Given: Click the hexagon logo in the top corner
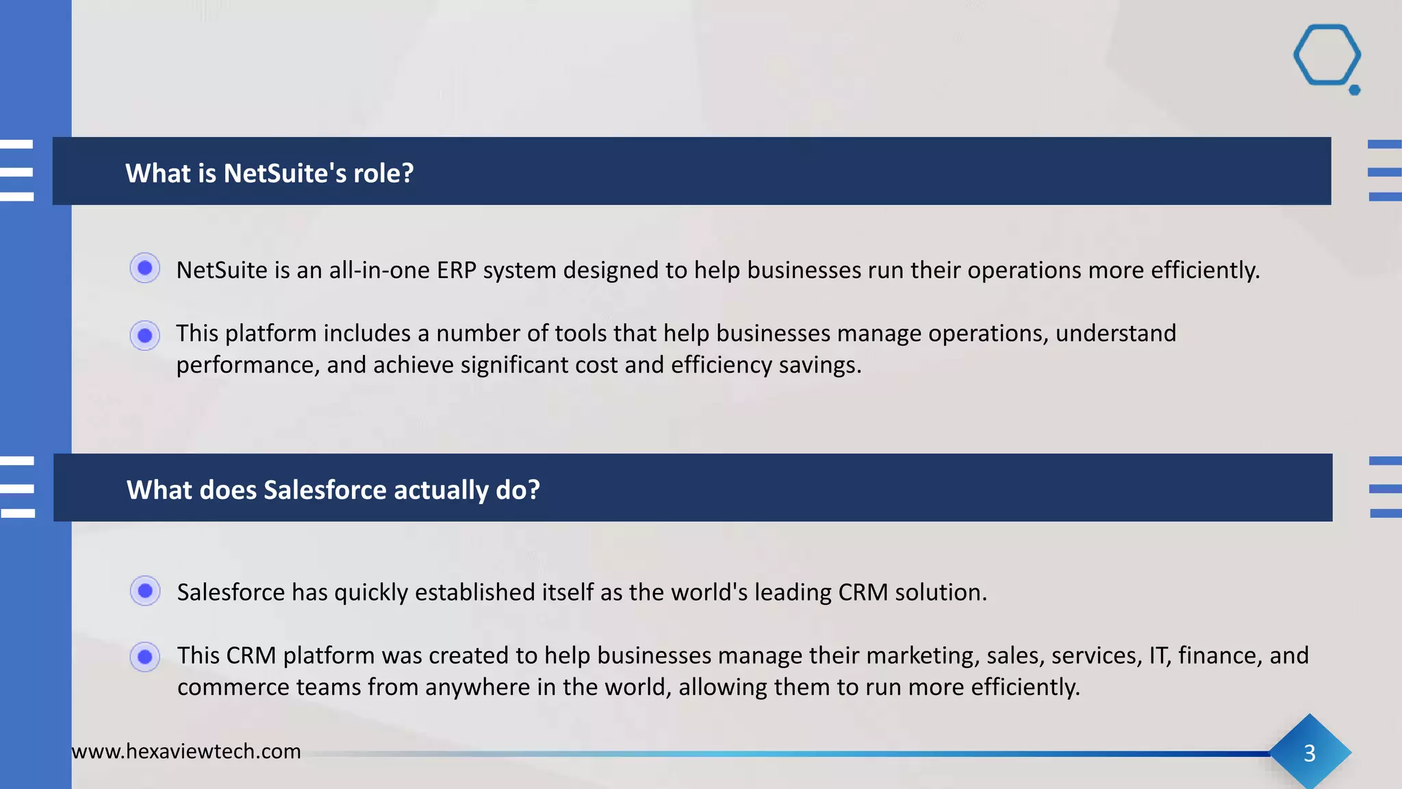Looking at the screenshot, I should (x=1327, y=56).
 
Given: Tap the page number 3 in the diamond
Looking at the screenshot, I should (x=1309, y=753).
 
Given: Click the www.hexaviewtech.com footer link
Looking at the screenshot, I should (x=186, y=751).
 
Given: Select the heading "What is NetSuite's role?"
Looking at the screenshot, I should (x=269, y=173).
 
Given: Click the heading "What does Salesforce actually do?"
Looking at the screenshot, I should (x=333, y=490).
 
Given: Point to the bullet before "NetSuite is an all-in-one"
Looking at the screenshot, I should (x=144, y=268).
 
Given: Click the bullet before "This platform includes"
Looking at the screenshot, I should (x=144, y=336).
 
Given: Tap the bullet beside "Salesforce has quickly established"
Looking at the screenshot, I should (x=144, y=590).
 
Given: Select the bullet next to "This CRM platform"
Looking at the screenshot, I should (x=144, y=657).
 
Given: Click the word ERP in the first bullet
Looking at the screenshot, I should (x=456, y=271).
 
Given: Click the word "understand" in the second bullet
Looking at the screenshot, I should (x=1115, y=334).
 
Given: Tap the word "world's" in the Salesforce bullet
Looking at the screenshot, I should (x=709, y=592).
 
